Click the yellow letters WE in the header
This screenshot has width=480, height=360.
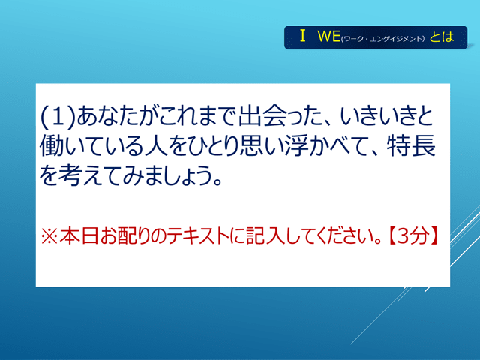click(x=329, y=36)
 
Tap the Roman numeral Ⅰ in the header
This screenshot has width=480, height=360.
click(x=303, y=36)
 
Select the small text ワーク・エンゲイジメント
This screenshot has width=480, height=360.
click(x=382, y=39)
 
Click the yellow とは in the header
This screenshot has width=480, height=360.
click(x=442, y=37)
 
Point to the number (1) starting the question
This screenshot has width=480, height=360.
click(x=58, y=117)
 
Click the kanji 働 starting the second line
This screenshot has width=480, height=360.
click(x=52, y=146)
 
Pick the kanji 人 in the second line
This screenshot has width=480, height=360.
click(x=157, y=146)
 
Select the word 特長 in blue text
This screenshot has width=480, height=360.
click(x=411, y=146)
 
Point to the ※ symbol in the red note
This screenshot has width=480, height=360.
click(x=49, y=237)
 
